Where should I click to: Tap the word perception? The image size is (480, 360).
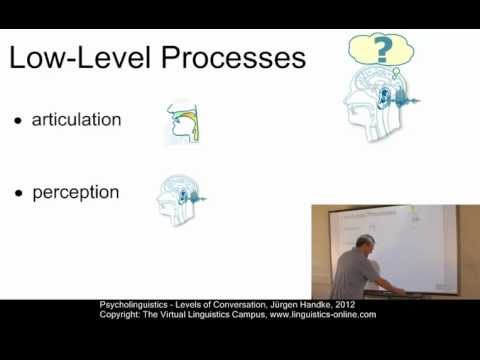tap(75, 190)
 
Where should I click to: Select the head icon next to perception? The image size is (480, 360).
tap(178, 195)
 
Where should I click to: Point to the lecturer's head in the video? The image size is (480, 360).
tap(367, 245)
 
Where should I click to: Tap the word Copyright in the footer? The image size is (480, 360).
tap(122, 315)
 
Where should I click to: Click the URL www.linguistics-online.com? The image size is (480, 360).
tap(321, 315)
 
